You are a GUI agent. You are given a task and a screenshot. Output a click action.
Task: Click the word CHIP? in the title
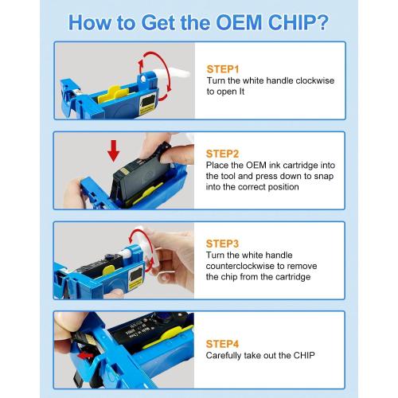[298, 22]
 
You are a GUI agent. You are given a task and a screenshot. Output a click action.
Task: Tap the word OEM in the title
[239, 22]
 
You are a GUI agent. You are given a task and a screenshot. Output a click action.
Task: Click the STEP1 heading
[223, 69]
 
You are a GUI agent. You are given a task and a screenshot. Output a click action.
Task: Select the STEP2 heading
[222, 154]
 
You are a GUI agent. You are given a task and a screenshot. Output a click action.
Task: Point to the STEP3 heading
[222, 244]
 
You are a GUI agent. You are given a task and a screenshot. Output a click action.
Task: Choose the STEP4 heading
[222, 344]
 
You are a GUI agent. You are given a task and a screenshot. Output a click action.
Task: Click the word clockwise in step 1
[315, 80]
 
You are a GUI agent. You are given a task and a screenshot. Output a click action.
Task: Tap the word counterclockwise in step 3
[240, 266]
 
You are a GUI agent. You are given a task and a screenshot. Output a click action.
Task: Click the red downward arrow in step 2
[114, 150]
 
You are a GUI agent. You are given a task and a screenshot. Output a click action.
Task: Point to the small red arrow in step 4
[86, 355]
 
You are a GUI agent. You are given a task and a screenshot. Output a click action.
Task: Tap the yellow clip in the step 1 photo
[113, 94]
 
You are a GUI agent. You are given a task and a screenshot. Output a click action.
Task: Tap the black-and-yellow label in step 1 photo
[146, 104]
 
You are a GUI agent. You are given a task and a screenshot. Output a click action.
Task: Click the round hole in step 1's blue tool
[143, 79]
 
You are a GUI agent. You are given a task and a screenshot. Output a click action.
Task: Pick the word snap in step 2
[324, 177]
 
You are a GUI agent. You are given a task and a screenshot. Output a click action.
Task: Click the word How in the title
[90, 22]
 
